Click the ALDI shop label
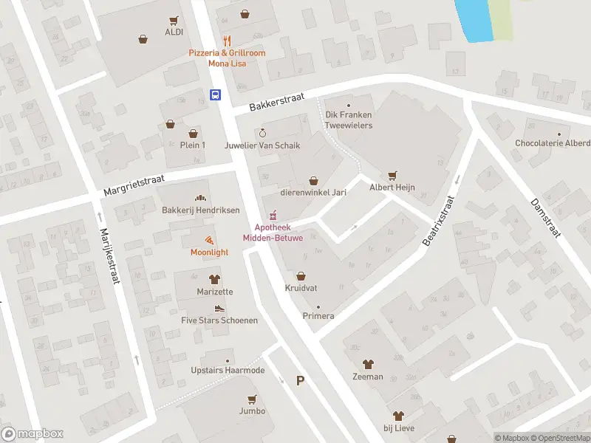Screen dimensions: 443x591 [x=174, y=32]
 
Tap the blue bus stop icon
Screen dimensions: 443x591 [x=215, y=95]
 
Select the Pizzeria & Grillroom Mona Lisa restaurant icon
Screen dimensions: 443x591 [x=227, y=41]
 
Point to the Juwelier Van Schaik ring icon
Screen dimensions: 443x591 [x=262, y=133]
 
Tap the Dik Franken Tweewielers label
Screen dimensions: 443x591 [x=349, y=120]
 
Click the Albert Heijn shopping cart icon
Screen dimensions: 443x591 [x=392, y=175]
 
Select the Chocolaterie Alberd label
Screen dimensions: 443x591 [x=552, y=142]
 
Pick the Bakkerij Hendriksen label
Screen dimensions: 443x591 [x=200, y=210]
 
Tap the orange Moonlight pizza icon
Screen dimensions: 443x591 [x=209, y=239]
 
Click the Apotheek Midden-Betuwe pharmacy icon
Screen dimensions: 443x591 [x=273, y=215]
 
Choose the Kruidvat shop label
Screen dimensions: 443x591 [x=301, y=287]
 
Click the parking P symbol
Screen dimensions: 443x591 [x=300, y=380]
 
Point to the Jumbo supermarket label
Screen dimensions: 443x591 [x=252, y=411]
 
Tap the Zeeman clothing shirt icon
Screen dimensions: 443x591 [x=368, y=364]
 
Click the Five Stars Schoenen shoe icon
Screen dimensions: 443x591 [x=219, y=308]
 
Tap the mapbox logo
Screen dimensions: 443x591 [x=33, y=434]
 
